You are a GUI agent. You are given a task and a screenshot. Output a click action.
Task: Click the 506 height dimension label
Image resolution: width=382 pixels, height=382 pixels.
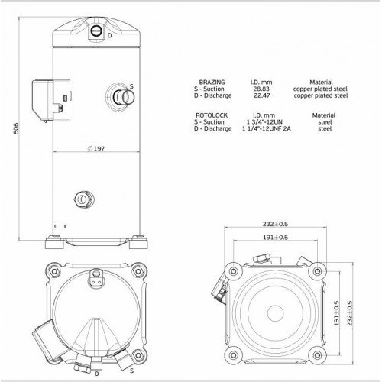point(8,131)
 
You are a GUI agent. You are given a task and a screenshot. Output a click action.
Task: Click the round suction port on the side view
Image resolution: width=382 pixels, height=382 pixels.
point(118,98)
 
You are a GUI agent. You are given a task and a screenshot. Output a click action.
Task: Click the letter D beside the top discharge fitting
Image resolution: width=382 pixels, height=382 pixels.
point(109,36)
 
